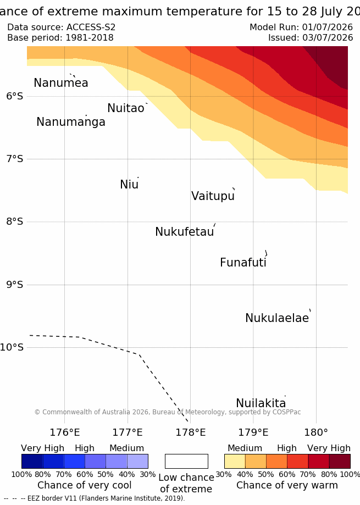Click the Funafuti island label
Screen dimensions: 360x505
(x=243, y=263)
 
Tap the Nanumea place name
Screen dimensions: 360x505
(x=61, y=83)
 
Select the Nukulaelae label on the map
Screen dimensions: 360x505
(x=277, y=318)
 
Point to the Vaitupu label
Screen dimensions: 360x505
(x=213, y=196)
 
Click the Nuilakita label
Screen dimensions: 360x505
(x=261, y=403)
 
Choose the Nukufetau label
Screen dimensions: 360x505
(x=185, y=231)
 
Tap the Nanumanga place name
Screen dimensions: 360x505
(x=71, y=122)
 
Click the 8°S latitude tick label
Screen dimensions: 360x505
(x=14, y=221)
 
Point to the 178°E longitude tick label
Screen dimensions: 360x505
(x=190, y=432)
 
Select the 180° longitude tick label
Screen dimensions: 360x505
(x=316, y=432)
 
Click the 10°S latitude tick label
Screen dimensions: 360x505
(x=12, y=347)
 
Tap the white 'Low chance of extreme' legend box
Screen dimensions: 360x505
(x=186, y=461)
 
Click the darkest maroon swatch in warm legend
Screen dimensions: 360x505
(x=340, y=461)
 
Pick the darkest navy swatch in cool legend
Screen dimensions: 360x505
(x=32, y=461)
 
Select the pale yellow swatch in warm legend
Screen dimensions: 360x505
(x=235, y=461)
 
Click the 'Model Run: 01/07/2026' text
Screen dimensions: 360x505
(x=301, y=27)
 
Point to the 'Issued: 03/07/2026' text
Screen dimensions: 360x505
(x=311, y=38)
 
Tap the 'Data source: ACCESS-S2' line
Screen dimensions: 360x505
(x=61, y=27)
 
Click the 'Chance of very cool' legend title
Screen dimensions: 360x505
(x=84, y=485)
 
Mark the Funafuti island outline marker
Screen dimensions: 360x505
(x=267, y=253)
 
